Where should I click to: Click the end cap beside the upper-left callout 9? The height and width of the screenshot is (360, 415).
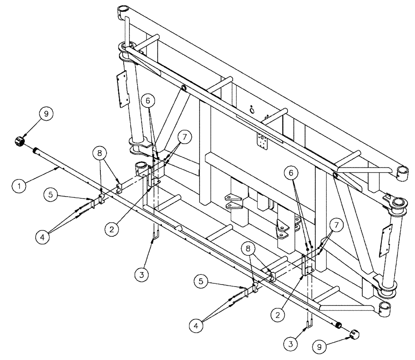pyautogui.click(x=20, y=141)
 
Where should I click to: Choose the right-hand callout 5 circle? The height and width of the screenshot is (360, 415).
pyautogui.click(x=201, y=282)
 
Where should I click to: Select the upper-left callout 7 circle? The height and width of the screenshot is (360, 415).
pyautogui.click(x=185, y=136)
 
